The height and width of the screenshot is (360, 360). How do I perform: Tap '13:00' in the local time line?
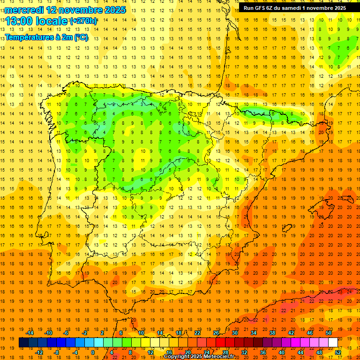pyautogui.click(x=19, y=21)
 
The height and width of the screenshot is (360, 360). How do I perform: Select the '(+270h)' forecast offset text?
pyautogui.click(x=84, y=21)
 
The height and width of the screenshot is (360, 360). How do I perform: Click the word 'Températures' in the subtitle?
pyautogui.click(x=29, y=37)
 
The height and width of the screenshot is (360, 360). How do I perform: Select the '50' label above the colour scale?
pyautogui.click(x=328, y=333)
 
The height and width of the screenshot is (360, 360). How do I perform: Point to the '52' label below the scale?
pyautogui.click(x=338, y=352)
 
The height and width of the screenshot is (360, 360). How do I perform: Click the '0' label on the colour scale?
pyautogui.click(x=93, y=352)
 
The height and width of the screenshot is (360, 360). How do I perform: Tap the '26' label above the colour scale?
pyautogui.click(x=216, y=333)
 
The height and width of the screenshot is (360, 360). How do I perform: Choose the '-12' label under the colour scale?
pyautogui.click(x=39, y=352)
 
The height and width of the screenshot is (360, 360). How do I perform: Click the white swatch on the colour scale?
pyautogui.click(x=333, y=342)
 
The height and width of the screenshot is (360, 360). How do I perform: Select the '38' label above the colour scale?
pyautogui.click(x=272, y=333)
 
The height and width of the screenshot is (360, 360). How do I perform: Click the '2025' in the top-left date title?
pyautogui.click(x=113, y=10)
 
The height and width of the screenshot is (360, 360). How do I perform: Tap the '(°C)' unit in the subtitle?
pyautogui.click(x=81, y=37)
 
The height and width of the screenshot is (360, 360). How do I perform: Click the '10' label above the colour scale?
pyautogui.click(x=141, y=333)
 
